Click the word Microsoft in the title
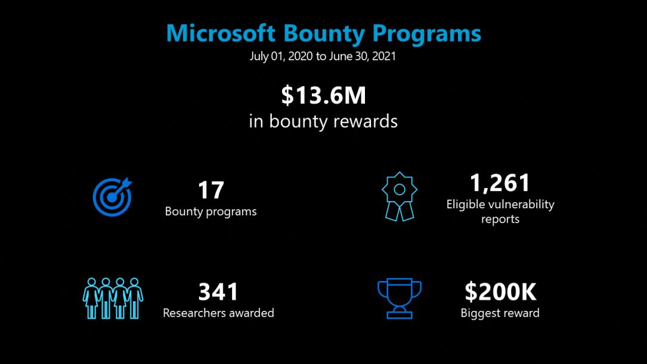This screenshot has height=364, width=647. pos(221,33)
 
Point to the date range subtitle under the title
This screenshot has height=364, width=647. pos(323,56)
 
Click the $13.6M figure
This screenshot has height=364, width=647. pos(323,95)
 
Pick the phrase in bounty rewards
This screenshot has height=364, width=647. pos(323,121)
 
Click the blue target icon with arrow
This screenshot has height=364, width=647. pos(112,197)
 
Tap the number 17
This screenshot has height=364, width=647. pos(211,190)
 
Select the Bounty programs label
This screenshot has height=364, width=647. pos(211,212)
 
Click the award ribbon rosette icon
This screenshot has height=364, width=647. pos(399,196)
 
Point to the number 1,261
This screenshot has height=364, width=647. pos(500,183)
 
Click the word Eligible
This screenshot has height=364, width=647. pos(466,205)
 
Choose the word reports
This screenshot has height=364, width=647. pos(500,220)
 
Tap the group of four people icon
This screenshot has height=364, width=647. pos(113,298)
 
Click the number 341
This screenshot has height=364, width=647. pos(218,292)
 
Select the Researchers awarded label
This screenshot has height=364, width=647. pos(218,313)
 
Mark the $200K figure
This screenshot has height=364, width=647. pos(500,292)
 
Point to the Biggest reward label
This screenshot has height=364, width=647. pos(500,313)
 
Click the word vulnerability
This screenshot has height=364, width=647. pos(521,205)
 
